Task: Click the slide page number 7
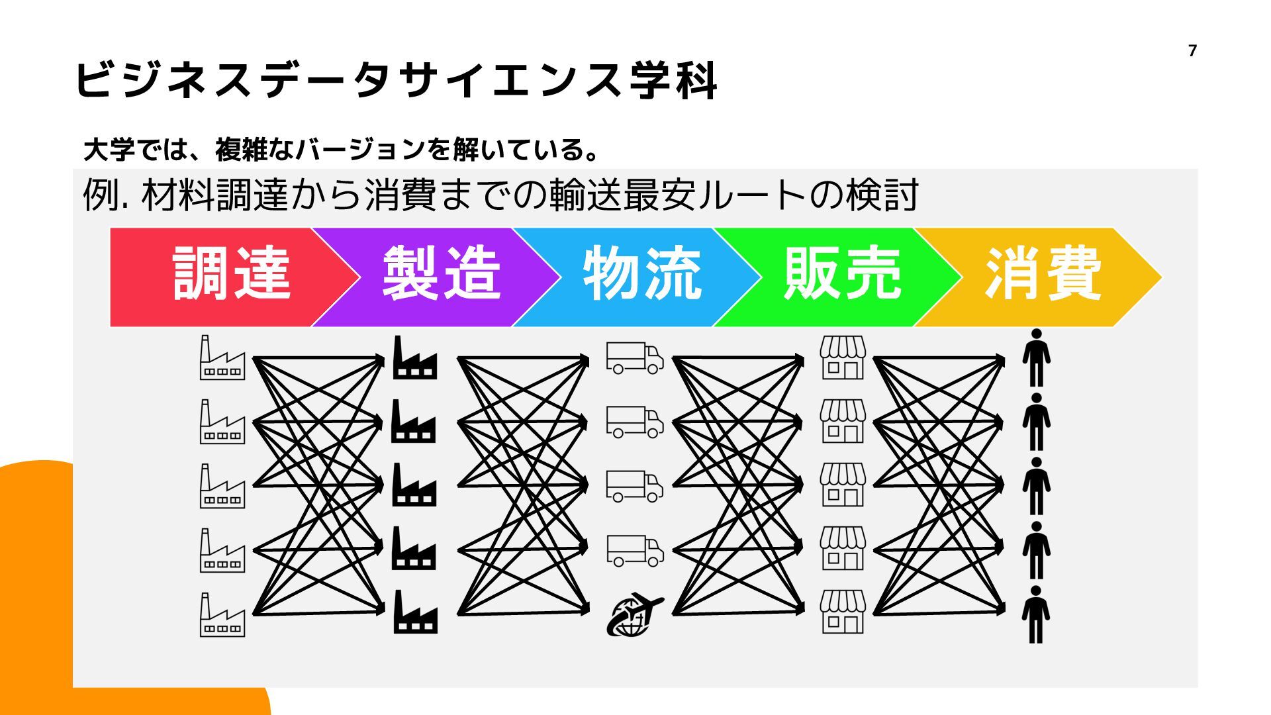pyautogui.click(x=1192, y=51)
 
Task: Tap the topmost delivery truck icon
pyautogui.click(x=634, y=358)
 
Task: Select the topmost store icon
pyautogui.click(x=842, y=358)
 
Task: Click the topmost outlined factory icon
pyautogui.click(x=222, y=358)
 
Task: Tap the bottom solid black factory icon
pyautogui.click(x=414, y=613)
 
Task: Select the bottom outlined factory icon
pyautogui.click(x=222, y=615)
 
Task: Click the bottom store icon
pyautogui.click(x=842, y=613)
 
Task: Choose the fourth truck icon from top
pyautogui.click(x=634, y=550)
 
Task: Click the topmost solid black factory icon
pyautogui.click(x=414, y=358)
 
